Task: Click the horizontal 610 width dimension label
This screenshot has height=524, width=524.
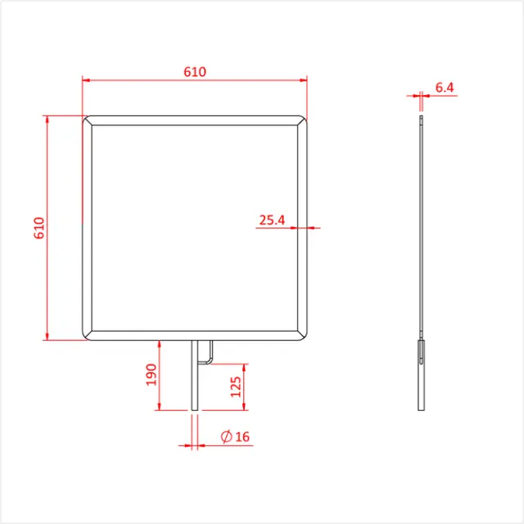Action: tap(195, 72)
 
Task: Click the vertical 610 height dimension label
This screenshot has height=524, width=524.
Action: tap(38, 228)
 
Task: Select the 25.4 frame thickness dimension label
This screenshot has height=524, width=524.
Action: tap(272, 219)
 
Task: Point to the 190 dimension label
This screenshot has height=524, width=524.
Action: tap(151, 375)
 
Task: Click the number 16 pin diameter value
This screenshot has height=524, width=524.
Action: tap(242, 436)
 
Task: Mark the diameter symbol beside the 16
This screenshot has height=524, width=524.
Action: tap(225, 436)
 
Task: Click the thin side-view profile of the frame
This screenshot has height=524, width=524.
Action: tap(421, 229)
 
